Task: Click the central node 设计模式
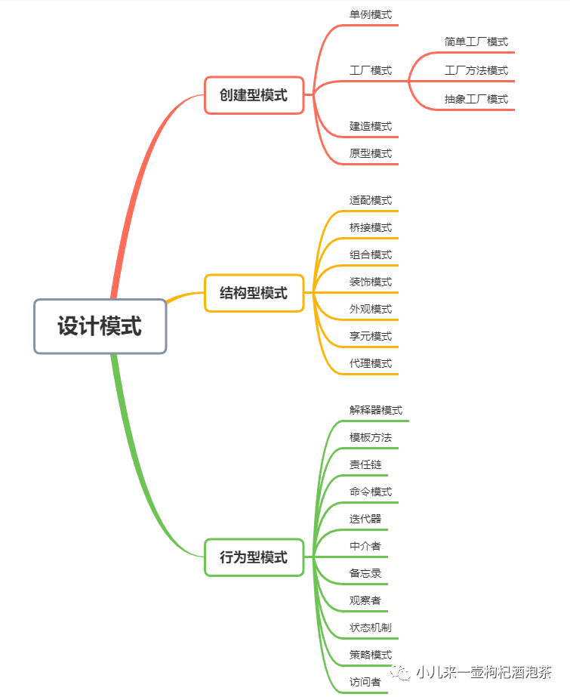coord(100,326)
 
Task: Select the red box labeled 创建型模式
coord(254,95)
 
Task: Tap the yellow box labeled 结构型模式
coord(254,293)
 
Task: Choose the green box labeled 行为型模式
coord(254,557)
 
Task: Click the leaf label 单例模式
coord(370,14)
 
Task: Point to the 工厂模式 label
coord(370,70)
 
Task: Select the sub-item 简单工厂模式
coord(476,42)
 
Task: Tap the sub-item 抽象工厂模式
coord(476,99)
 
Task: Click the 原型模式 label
coord(370,153)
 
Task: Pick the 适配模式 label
coord(370,201)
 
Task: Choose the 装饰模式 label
coord(370,282)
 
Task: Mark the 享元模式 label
coord(370,336)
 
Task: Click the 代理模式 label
coord(370,363)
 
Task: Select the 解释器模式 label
coord(375,410)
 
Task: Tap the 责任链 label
coord(365,464)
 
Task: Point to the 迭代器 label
coord(365,519)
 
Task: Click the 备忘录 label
coord(365,573)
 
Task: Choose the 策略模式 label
coord(370,655)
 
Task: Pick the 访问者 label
coord(365,682)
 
